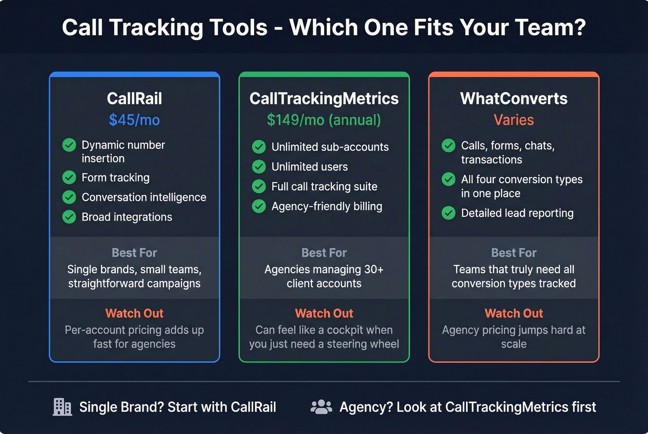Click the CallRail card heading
pyautogui.click(x=134, y=98)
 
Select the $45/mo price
pyautogui.click(x=134, y=120)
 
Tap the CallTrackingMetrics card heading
pyautogui.click(x=324, y=98)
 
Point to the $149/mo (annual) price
pyautogui.click(x=324, y=120)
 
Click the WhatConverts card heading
pyautogui.click(x=514, y=98)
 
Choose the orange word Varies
pyautogui.click(x=514, y=120)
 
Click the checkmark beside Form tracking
pyautogui.click(x=69, y=177)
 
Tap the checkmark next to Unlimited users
pyautogui.click(x=259, y=167)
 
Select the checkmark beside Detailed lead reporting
pyautogui.click(x=449, y=213)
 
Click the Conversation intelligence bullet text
pyautogui.click(x=144, y=197)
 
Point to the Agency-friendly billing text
pyautogui.click(x=327, y=207)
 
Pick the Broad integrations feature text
pyautogui.click(x=127, y=217)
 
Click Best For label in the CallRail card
pyautogui.click(x=134, y=253)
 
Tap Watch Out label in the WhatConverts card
pyautogui.click(x=514, y=313)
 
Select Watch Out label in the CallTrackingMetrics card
pyautogui.click(x=324, y=313)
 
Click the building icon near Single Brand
pyautogui.click(x=62, y=407)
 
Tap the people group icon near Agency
pyautogui.click(x=321, y=407)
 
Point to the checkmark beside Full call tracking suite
pyautogui.click(x=259, y=187)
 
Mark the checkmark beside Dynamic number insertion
pyautogui.click(x=69, y=145)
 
